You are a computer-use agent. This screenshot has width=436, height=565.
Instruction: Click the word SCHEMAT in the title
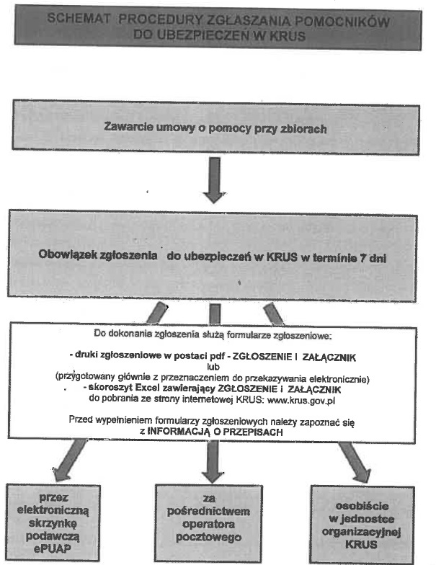coord(78,22)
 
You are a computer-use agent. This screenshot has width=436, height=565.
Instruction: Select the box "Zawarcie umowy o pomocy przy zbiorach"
coord(215,129)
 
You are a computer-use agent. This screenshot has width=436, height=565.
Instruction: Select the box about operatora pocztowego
coord(210,518)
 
